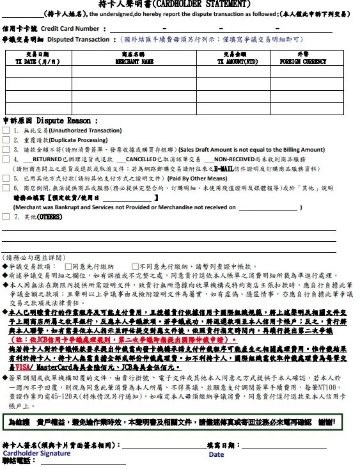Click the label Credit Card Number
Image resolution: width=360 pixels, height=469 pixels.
click(70, 29)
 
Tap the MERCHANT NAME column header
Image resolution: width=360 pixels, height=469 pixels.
click(134, 62)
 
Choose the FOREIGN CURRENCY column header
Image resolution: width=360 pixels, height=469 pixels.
click(303, 62)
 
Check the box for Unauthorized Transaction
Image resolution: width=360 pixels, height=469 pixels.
click(6, 130)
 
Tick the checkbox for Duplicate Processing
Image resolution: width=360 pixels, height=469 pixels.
click(6, 139)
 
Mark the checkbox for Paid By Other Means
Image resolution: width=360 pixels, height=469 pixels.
click(6, 179)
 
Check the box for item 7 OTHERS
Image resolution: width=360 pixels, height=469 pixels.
click(6, 217)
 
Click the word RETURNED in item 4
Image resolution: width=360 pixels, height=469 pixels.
click(47, 159)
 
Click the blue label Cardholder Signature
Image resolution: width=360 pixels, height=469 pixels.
click(36, 453)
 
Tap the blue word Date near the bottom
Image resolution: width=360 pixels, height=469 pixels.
click(216, 454)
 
